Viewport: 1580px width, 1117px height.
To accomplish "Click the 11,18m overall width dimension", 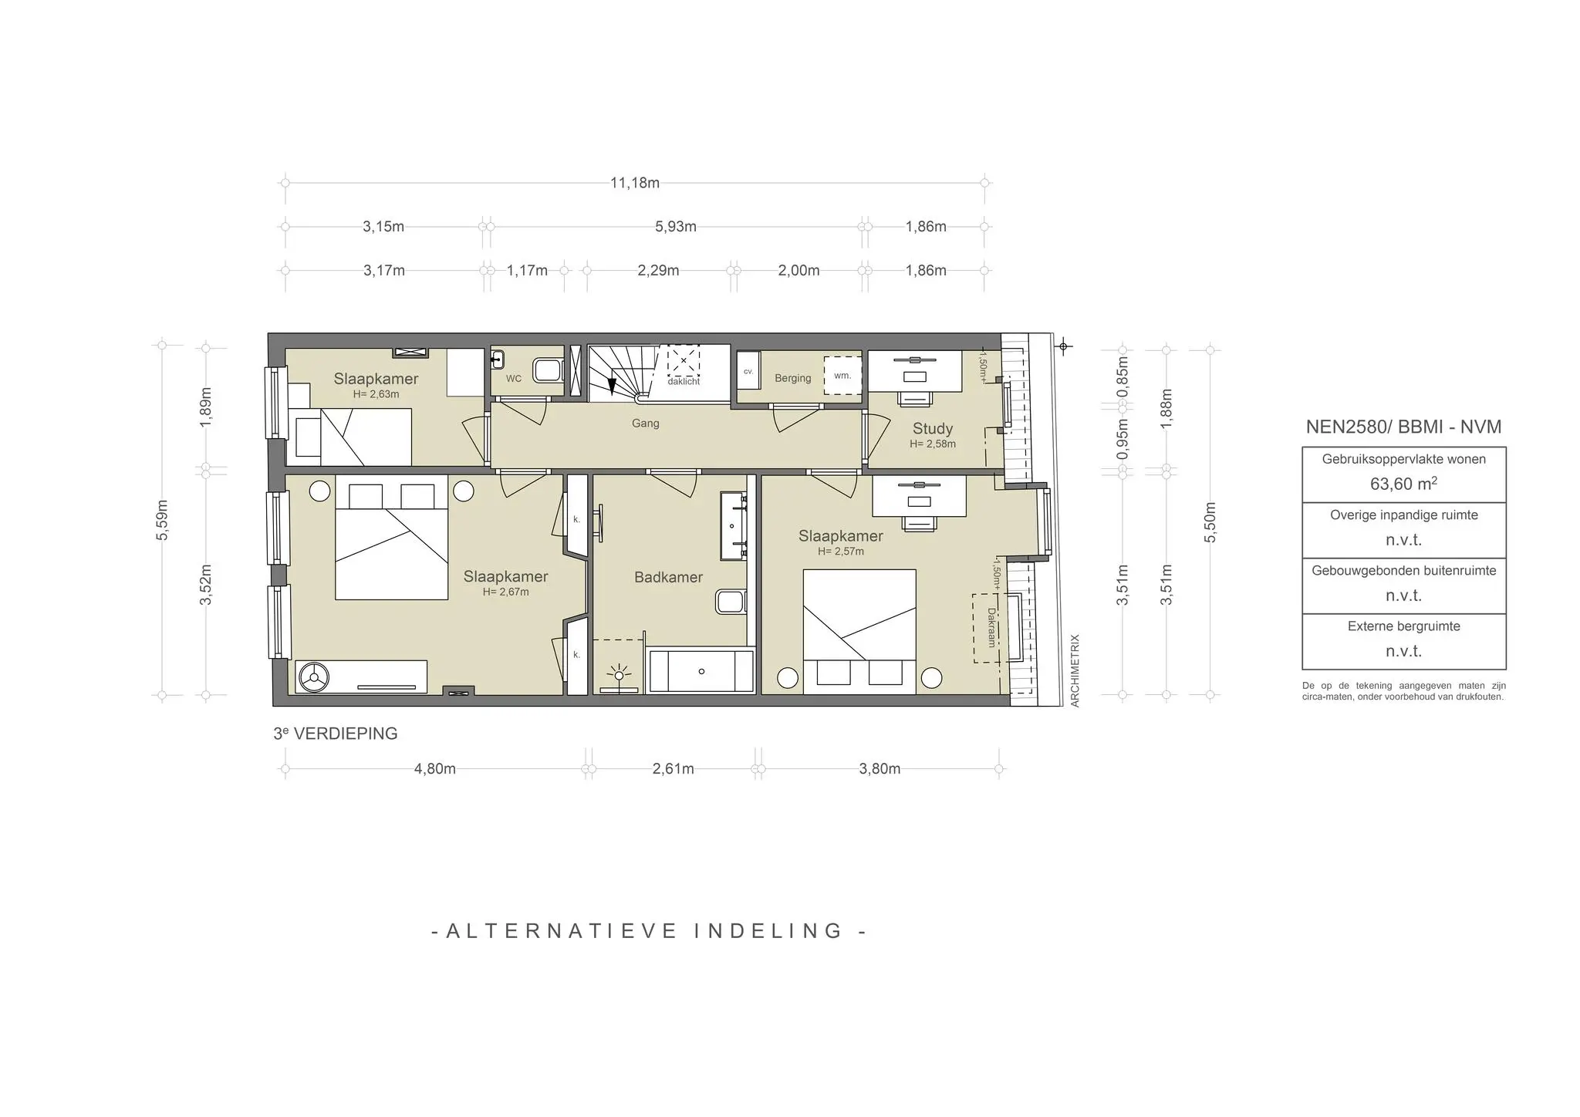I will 635,183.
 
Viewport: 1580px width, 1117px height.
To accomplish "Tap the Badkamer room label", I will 668,577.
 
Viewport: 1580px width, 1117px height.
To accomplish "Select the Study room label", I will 932,428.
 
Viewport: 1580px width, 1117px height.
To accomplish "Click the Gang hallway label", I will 645,423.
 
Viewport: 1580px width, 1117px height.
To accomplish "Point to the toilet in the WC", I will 549,371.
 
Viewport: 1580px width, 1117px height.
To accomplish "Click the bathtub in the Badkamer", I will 701,671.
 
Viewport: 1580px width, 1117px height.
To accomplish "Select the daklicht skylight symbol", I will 684,361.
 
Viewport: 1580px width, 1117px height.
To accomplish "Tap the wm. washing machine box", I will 842,376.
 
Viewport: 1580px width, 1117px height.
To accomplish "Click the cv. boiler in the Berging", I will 748,373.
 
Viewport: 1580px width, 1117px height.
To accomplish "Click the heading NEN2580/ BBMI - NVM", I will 1403,427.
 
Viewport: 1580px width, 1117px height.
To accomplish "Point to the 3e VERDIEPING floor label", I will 336,734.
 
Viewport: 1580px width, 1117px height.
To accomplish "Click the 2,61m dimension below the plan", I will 673,768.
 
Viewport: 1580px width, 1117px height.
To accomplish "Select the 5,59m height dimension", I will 162,521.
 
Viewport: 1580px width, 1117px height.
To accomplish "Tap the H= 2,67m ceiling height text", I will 505,592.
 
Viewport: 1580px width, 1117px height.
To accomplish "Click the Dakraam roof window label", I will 991,627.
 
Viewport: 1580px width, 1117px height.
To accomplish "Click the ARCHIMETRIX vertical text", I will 1075,670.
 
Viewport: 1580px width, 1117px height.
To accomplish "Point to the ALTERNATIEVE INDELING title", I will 648,930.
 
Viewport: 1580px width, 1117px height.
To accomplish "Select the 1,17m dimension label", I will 527,270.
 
